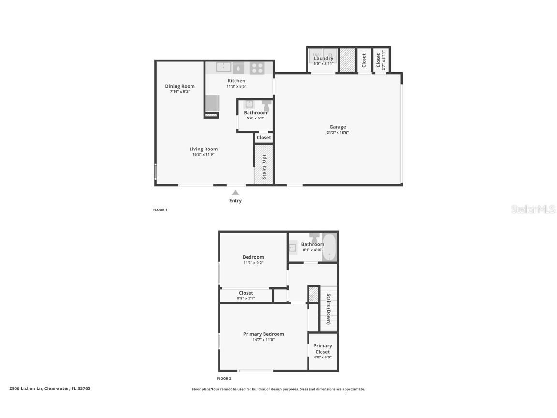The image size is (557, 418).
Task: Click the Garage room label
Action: click(x=337, y=127)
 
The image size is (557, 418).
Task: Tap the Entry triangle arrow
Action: click(x=235, y=192)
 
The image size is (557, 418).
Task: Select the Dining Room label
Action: click(x=180, y=86)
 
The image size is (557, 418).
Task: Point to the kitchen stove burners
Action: click(x=257, y=67)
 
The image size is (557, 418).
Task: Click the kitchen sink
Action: click(x=223, y=67)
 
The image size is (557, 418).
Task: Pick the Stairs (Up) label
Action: click(x=264, y=166)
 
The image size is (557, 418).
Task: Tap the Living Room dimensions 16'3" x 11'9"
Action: click(x=203, y=155)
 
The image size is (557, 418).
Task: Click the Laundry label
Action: click(x=323, y=58)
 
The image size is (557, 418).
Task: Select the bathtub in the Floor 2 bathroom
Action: click(x=329, y=247)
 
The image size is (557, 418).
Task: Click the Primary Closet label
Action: click(x=322, y=349)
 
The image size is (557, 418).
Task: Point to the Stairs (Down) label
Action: click(x=328, y=309)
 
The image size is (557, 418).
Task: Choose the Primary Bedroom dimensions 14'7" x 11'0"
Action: click(x=264, y=340)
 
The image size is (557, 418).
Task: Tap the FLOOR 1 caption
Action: click(x=160, y=210)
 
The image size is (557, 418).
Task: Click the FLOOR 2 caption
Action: click(x=224, y=379)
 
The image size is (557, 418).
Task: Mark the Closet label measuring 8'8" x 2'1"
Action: click(x=246, y=299)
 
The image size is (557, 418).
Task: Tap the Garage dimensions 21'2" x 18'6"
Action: click(x=337, y=132)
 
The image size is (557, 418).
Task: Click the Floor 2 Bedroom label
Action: click(x=253, y=257)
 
